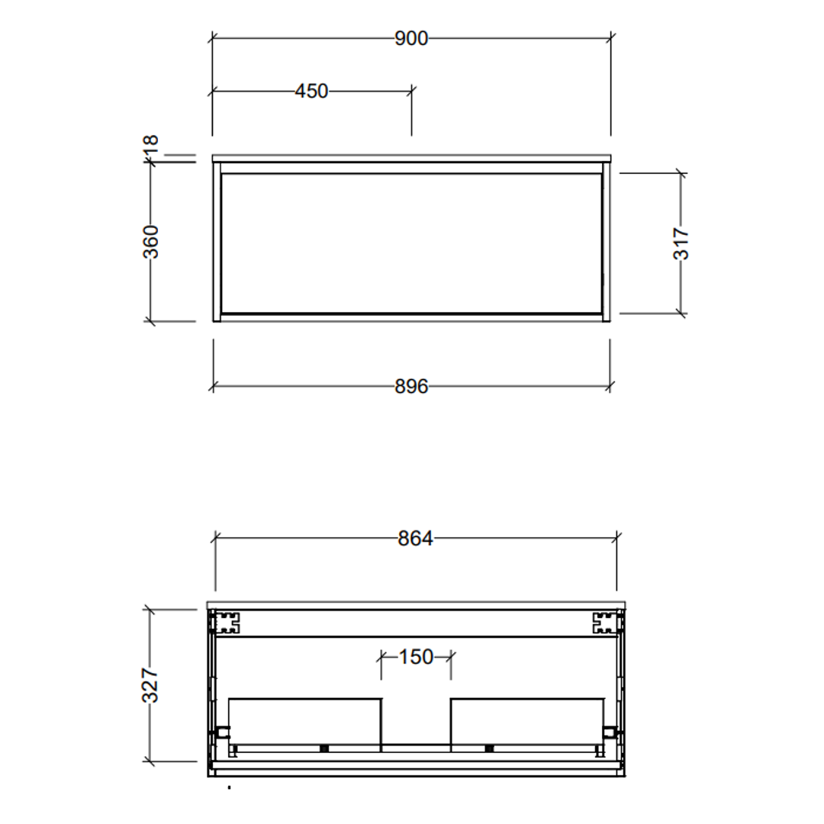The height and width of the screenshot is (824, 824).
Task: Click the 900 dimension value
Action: [411, 38]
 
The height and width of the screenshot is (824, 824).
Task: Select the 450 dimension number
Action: [311, 92]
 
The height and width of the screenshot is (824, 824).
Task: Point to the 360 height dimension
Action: [151, 241]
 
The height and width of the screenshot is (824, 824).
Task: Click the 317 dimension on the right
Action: [681, 243]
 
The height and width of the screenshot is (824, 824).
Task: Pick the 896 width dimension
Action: [411, 387]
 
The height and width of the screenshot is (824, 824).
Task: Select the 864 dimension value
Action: [416, 539]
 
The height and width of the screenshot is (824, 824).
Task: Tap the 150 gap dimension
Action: [417, 657]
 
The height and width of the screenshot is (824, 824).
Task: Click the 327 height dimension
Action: [150, 684]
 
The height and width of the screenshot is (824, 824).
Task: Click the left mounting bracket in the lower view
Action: [227, 623]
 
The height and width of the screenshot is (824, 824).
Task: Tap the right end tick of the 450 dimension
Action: [412, 92]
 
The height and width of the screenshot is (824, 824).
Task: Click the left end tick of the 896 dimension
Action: [213, 387]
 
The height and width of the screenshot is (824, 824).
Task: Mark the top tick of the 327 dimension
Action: [150, 610]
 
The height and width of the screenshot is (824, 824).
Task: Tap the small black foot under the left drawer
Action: [324, 748]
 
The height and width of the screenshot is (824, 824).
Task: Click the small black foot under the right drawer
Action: [489, 748]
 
